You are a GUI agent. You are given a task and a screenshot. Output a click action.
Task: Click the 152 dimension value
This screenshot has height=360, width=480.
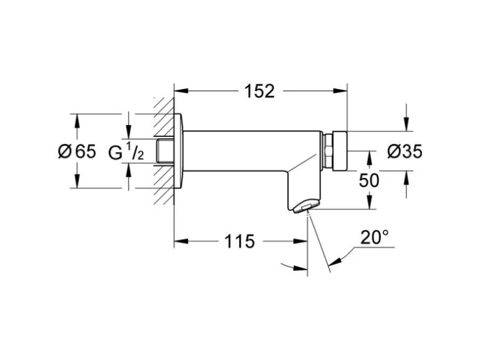click(x=259, y=91)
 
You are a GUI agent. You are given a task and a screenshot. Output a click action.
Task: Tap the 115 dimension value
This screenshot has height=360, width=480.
click(x=239, y=241)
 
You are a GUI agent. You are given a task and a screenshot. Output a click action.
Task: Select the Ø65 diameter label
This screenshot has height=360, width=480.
click(x=77, y=151)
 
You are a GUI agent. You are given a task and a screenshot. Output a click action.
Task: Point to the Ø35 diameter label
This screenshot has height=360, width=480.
click(x=405, y=151)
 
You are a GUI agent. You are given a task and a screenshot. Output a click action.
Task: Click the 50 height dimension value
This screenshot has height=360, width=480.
click(x=369, y=180)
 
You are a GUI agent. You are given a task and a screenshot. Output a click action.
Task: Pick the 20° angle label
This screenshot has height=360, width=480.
click(x=374, y=238)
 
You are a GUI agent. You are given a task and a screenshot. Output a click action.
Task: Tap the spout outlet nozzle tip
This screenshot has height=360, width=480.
click(x=304, y=207)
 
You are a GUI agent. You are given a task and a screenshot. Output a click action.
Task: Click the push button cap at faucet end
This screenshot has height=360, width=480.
click(x=339, y=151)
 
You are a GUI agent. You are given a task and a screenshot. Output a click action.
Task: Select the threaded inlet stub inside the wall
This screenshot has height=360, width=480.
click(x=165, y=151)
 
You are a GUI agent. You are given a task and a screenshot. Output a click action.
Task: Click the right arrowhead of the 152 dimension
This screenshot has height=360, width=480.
click(x=342, y=91)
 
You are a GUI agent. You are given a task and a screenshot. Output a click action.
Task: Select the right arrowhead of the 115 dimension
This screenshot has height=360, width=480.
click(x=304, y=241)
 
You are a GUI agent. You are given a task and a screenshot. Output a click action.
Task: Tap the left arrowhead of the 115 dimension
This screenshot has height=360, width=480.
click(x=179, y=241)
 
